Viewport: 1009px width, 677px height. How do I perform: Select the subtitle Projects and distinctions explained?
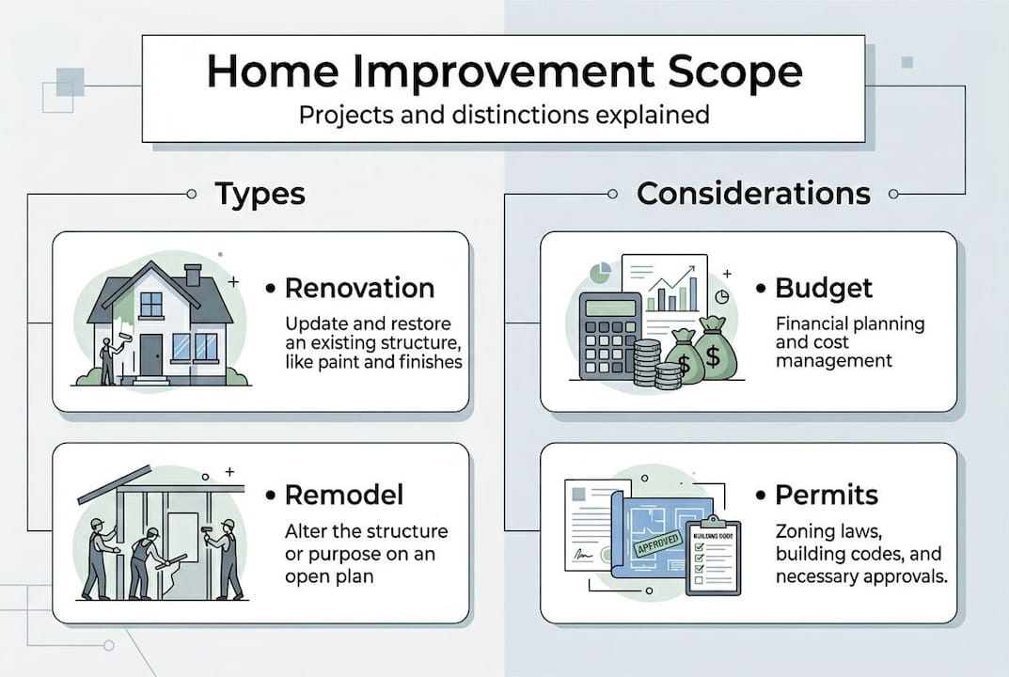[x=504, y=116]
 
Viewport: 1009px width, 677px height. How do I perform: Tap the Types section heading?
[x=260, y=194]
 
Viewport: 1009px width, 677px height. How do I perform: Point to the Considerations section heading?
[x=752, y=194]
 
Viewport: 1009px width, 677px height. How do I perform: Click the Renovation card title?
[x=358, y=288]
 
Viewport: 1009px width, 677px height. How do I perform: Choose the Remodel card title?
[x=344, y=495]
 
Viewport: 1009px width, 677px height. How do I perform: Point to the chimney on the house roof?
[x=193, y=275]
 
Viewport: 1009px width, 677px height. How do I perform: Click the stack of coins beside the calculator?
[x=647, y=364]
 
